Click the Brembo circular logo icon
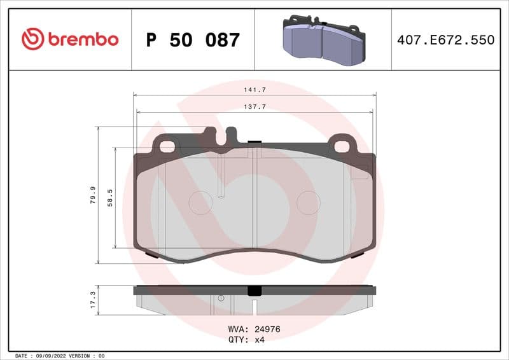(32, 39)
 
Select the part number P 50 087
(193, 40)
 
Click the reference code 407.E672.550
(445, 40)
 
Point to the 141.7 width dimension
(254, 90)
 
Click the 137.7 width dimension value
(254, 107)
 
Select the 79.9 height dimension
(93, 195)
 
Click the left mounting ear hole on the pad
(167, 146)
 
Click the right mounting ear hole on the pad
(342, 146)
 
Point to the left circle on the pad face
(200, 202)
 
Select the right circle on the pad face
(309, 202)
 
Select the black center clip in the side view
(254, 291)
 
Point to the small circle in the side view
(221, 298)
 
